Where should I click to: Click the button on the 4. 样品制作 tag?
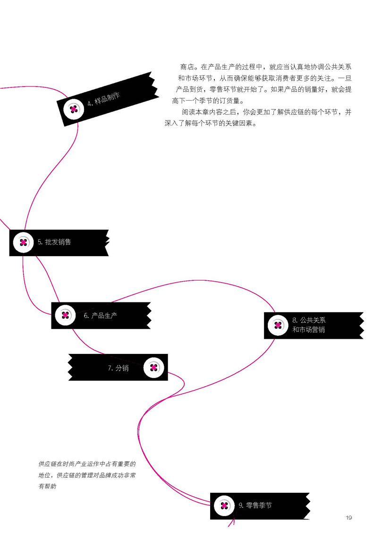[73, 109]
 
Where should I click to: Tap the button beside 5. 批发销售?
[23, 242]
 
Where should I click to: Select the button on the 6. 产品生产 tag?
[65, 315]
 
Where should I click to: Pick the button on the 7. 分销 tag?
[153, 368]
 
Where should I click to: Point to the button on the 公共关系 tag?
[278, 325]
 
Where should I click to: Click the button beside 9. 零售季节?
[224, 506]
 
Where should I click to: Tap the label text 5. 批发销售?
[54, 242]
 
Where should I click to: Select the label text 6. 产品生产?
[101, 316]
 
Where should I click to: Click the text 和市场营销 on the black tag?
[308, 330]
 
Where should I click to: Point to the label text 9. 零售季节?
[255, 506]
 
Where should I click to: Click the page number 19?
[349, 518]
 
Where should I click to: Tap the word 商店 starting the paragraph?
[186, 66]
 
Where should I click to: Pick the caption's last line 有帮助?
[47, 486]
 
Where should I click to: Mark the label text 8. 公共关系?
[309, 320]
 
